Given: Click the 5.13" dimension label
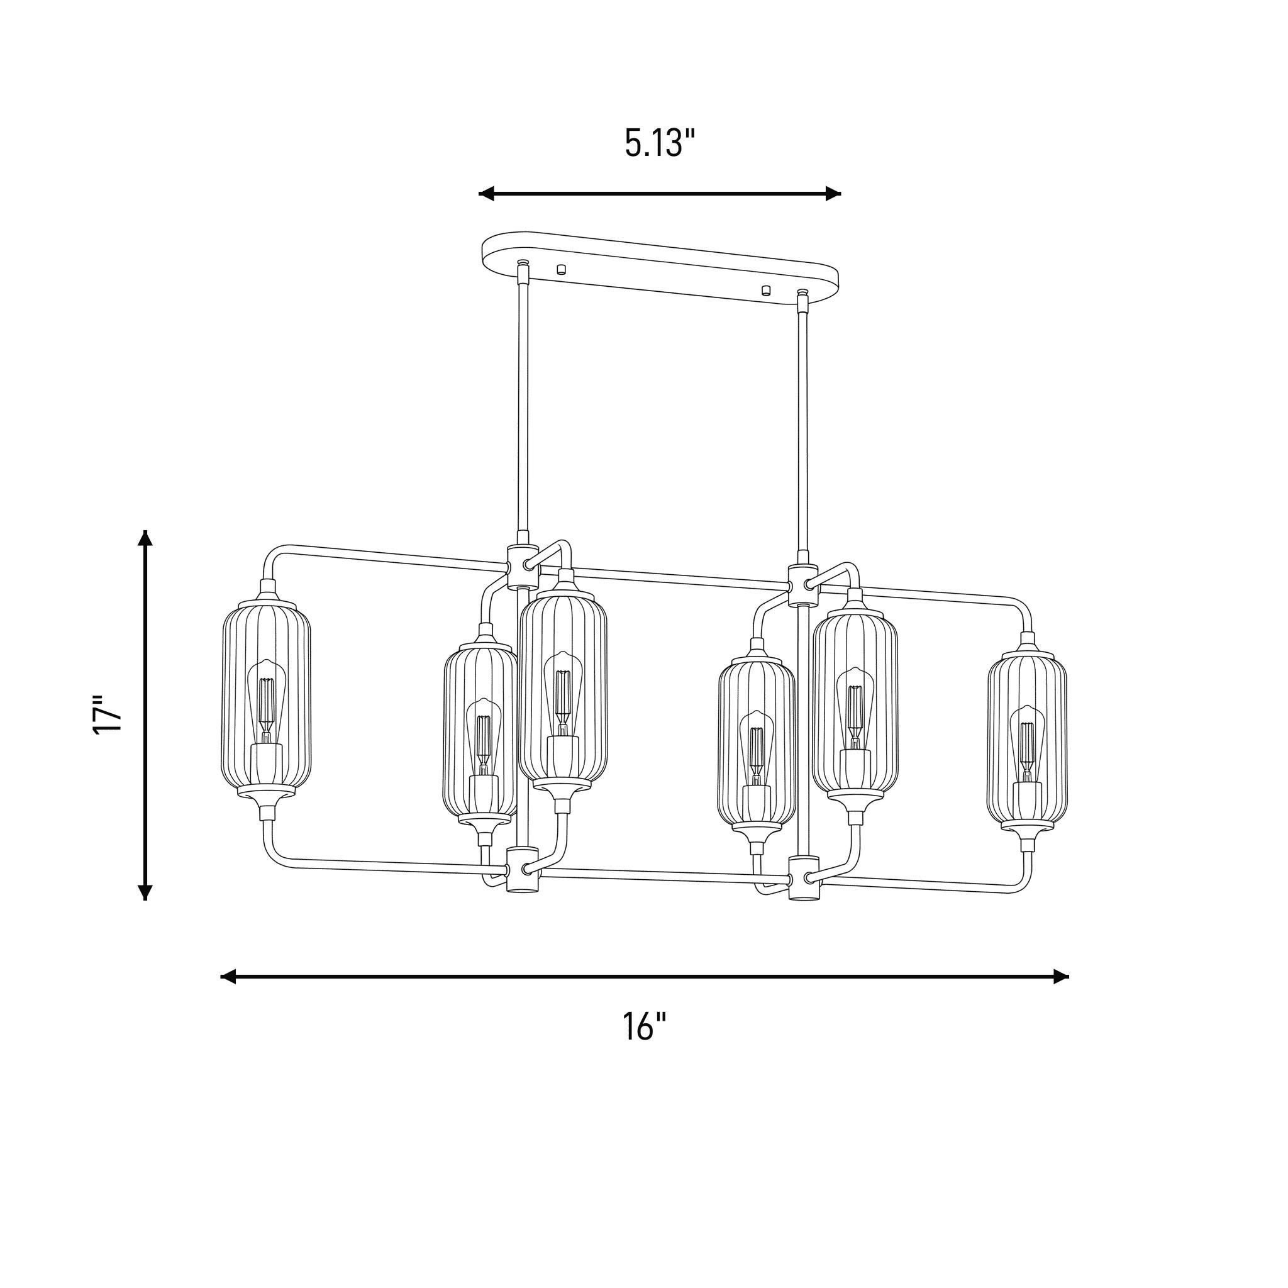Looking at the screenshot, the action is [659, 143].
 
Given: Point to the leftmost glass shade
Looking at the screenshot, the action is [266, 697].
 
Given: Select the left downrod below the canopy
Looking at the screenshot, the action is [523, 407].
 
